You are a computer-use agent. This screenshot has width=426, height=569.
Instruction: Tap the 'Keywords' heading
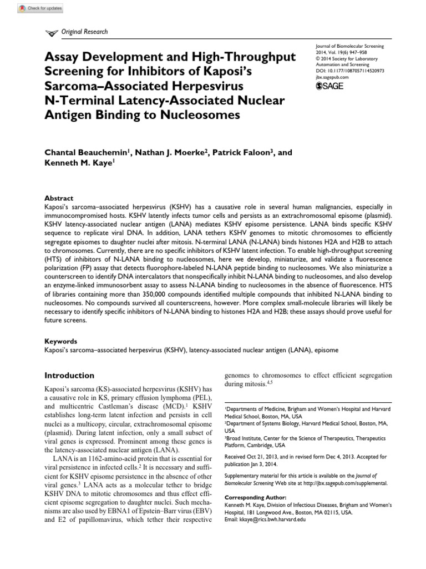[x=60, y=341]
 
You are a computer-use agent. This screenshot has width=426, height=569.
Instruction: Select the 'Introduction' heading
[x=69, y=376]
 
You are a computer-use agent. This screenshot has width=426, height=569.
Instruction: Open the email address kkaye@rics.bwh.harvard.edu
[x=273, y=520]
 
